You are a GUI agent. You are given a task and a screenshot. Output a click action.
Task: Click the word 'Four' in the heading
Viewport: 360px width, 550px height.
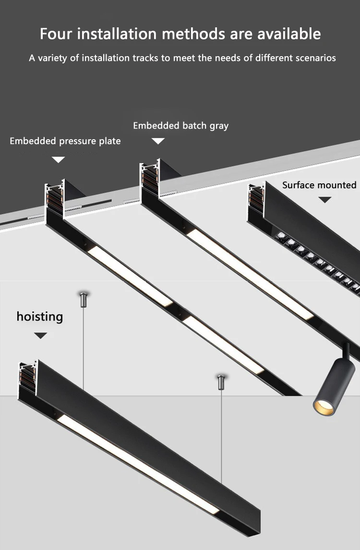56,34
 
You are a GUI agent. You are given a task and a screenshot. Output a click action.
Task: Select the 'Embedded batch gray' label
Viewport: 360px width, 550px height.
180,126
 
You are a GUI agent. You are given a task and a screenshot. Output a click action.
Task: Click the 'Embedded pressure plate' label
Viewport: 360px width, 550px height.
65,141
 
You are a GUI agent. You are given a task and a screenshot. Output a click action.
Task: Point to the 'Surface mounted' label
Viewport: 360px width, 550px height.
319,185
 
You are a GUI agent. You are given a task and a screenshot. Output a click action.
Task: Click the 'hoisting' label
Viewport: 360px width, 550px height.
40,317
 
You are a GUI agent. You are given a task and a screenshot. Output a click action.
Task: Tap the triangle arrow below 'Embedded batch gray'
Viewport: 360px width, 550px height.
158,141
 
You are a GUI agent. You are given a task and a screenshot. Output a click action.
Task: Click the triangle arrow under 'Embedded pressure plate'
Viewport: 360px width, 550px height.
59,160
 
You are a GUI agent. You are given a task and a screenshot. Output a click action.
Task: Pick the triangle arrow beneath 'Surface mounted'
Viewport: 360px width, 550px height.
325,200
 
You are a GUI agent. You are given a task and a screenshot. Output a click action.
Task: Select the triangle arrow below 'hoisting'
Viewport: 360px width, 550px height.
41,335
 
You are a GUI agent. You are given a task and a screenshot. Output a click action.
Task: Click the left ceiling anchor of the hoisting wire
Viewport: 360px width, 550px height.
84,299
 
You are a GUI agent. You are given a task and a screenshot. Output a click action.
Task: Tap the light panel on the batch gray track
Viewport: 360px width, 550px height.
250,274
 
